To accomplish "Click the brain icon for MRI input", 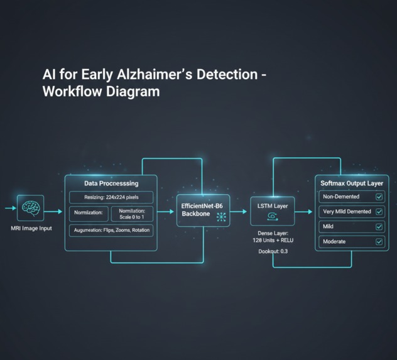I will click(30, 208).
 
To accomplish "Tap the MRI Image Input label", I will click(31, 228).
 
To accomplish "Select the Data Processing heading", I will click(111, 183).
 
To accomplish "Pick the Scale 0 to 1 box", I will click(132, 214).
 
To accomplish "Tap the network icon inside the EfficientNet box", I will click(221, 217).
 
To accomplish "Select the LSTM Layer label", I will click(273, 205).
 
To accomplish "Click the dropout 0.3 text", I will click(273, 252).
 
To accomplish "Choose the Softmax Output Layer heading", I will click(352, 183).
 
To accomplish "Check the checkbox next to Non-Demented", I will click(379, 197).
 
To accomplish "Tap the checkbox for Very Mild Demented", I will click(379, 212).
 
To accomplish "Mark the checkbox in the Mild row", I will click(379, 227).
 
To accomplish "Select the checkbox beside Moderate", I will click(379, 242).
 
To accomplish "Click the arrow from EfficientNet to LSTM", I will click(239, 212).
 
